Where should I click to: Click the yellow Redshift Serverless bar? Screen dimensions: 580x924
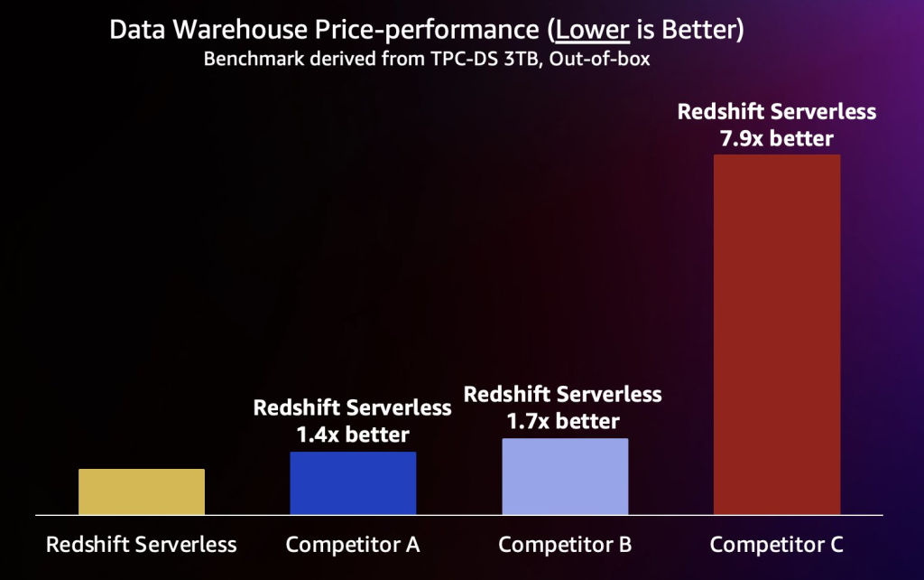point(142,491)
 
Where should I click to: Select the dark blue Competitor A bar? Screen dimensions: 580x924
point(353,483)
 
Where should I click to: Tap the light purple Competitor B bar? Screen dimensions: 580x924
point(565,476)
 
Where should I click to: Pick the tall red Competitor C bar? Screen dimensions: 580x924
point(777,334)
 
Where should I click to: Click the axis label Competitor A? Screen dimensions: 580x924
point(353,545)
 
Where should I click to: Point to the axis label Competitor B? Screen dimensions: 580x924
point(565,545)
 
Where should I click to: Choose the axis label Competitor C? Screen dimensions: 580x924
point(777,545)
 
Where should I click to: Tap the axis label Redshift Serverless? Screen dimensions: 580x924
point(142,545)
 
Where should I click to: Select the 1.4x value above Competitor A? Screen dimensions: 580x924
point(316,434)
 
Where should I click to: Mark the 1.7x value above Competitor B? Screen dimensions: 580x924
point(527,420)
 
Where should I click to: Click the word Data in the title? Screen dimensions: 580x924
point(132,30)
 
